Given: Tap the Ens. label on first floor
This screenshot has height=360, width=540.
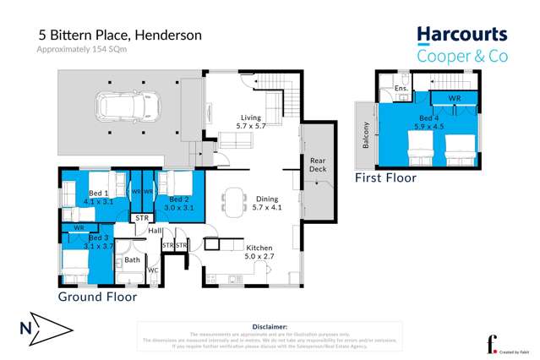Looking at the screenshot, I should pyautogui.click(x=401, y=88).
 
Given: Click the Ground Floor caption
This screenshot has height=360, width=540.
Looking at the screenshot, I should pyautogui.click(x=97, y=297).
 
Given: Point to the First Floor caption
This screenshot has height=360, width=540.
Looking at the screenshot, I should pyautogui.click(x=385, y=178).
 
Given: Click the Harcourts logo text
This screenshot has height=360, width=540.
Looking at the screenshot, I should pyautogui.click(x=461, y=35).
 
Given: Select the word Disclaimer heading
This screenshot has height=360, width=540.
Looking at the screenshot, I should pyautogui.click(x=270, y=325).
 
